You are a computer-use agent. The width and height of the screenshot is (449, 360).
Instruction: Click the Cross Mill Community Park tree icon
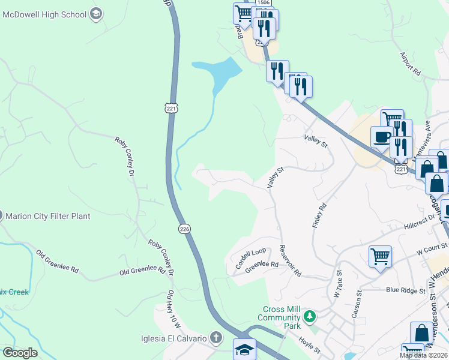coord(310,316)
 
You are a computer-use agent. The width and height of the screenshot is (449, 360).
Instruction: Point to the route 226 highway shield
coord(185,229)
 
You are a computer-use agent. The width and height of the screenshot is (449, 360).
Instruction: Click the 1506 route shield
coord(263,3)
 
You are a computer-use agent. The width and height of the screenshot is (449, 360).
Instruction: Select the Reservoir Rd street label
coord(290,261)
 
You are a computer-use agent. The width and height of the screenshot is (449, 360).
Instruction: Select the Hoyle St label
coord(310,344)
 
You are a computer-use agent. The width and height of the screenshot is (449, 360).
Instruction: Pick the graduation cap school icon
coord(244,349)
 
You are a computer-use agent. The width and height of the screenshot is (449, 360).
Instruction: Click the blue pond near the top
coord(217,74)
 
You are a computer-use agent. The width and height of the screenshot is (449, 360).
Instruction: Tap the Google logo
coord(20,353)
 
